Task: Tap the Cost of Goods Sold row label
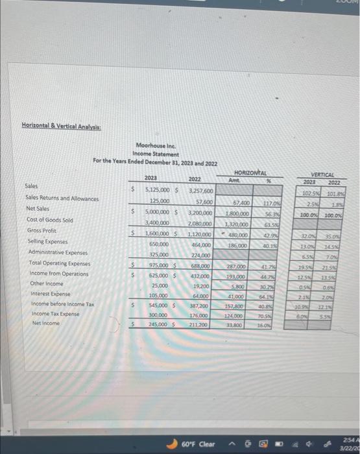(x=49, y=219)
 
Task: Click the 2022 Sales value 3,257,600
(x=200, y=192)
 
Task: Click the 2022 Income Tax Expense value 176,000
(x=199, y=315)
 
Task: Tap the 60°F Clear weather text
(x=198, y=444)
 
